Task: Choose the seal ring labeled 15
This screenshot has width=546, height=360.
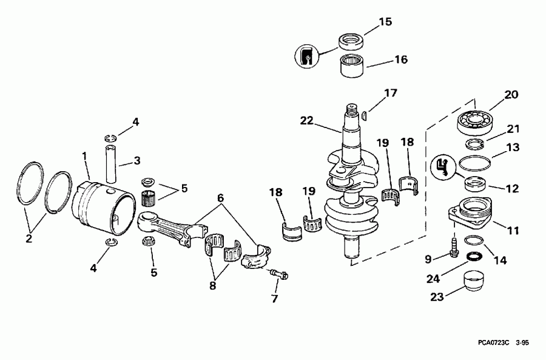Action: point(350,42)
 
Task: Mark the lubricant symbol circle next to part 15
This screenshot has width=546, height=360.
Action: point(307,56)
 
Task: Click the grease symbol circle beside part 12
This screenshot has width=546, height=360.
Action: point(443,165)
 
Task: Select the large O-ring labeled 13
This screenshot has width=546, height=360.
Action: point(476,162)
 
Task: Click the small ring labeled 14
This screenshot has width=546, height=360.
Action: point(474,242)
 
